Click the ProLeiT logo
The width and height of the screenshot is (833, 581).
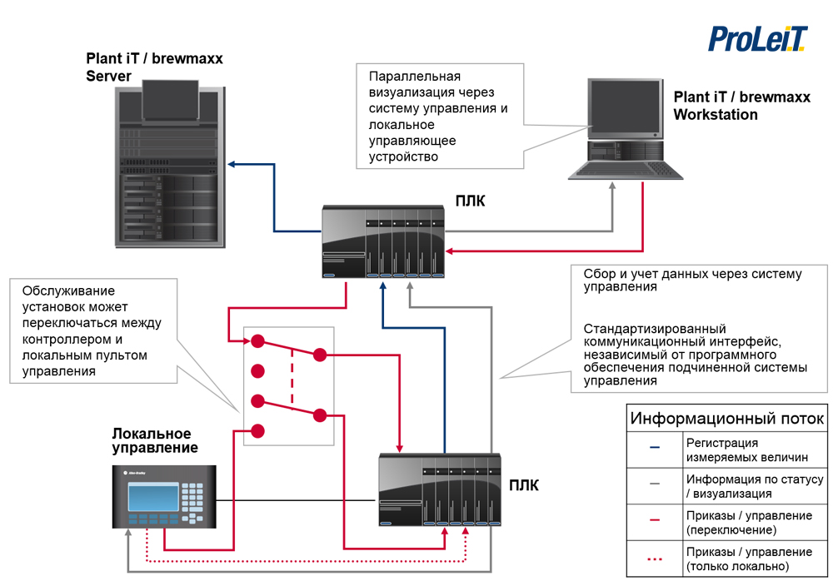coord(757,38)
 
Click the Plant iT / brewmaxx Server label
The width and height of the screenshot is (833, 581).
coord(154,67)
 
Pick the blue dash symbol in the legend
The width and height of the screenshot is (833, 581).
coord(655,449)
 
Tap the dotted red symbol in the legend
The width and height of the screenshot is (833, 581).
coord(655,559)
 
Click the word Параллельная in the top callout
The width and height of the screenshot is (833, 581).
coord(413,76)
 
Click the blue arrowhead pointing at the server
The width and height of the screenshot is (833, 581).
coord(234,164)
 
